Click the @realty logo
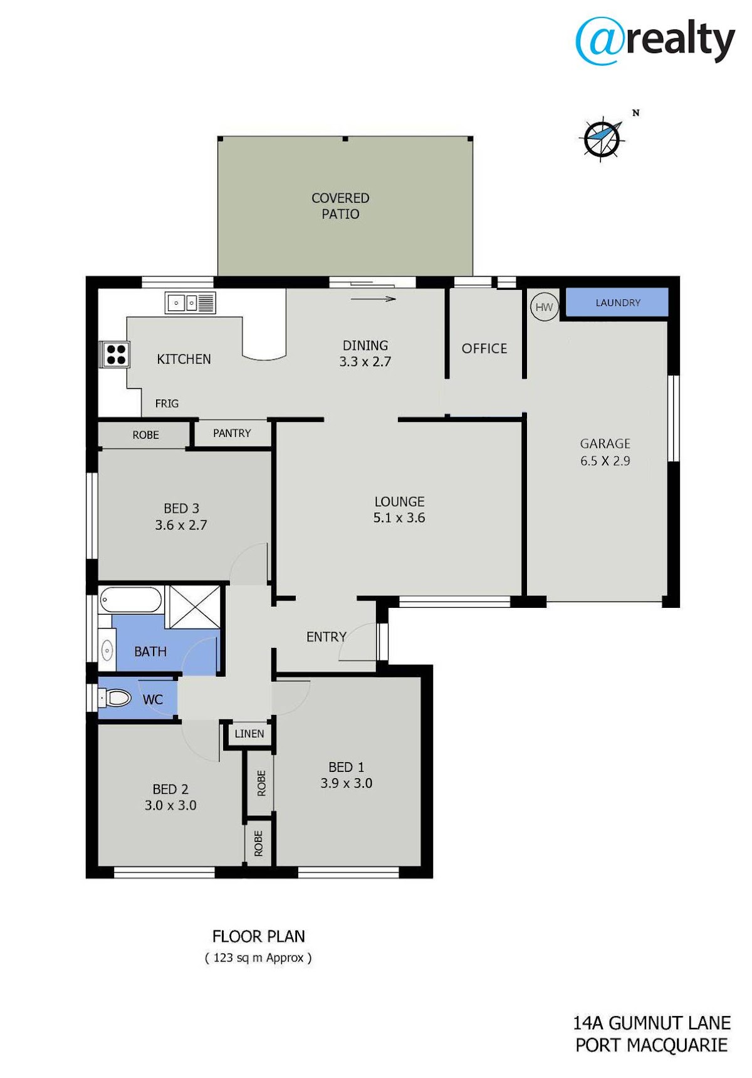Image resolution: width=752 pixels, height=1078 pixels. point(655,40)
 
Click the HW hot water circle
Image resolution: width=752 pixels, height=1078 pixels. point(544,307)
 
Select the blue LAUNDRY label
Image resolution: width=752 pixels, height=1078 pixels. point(618,303)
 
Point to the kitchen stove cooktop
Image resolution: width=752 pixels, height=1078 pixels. point(116,354)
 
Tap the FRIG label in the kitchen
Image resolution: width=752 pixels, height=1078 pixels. point(167,404)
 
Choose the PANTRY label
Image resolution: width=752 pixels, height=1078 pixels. point(232,433)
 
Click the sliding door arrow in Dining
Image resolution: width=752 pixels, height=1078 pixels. point(373,299)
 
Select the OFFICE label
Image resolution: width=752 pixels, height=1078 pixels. point(484,349)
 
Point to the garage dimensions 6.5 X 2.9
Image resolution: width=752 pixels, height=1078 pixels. point(605,461)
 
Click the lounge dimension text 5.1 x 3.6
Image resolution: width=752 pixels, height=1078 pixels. point(399,518)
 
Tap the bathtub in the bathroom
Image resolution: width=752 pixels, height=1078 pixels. point(131,599)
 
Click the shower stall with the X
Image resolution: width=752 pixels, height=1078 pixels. point(195,607)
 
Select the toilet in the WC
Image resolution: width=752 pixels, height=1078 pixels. point(115,697)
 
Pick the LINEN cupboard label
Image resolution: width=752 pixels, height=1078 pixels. point(249,734)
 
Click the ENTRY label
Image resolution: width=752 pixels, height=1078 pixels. point(326,637)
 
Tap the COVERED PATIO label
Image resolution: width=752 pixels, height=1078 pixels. point(340,206)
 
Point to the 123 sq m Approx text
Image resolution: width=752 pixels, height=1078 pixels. point(258,958)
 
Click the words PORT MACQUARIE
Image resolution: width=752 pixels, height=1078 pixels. point(652,1045)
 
